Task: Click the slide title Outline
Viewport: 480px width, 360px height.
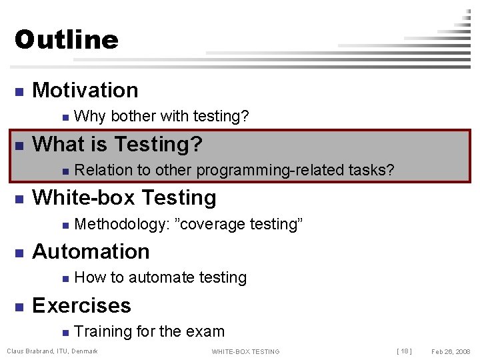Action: tap(66, 40)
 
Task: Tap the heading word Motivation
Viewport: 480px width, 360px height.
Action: tap(85, 90)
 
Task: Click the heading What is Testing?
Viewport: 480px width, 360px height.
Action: tap(117, 144)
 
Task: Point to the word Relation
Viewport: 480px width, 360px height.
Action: tap(101, 171)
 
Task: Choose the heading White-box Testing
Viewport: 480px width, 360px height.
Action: tap(124, 198)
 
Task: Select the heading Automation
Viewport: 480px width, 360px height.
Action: tap(91, 251)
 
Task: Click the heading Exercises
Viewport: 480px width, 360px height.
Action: tap(81, 305)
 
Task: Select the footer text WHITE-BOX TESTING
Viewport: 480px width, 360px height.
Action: tap(245, 351)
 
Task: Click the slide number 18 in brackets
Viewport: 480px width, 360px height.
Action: tap(404, 351)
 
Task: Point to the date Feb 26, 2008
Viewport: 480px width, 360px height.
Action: tap(451, 351)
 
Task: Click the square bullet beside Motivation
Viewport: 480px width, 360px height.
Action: tap(20, 91)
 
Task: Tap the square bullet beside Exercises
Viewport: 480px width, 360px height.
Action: tap(20, 307)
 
